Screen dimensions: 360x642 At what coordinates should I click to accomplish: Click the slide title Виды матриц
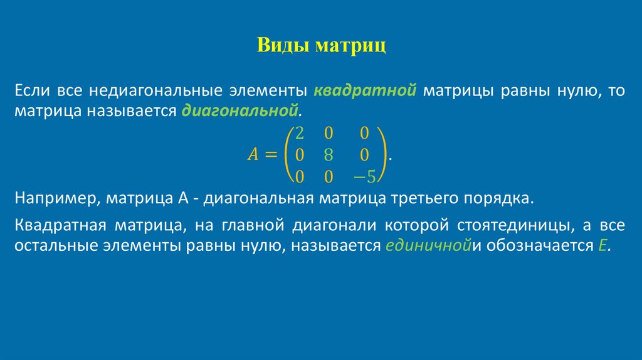pos(321,46)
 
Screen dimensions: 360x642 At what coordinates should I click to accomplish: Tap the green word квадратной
pos(365,91)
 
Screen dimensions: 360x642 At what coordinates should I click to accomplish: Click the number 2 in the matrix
pos(300,133)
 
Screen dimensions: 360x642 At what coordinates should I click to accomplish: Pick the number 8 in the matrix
pos(328,155)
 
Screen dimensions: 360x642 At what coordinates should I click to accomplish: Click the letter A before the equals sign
pos(253,155)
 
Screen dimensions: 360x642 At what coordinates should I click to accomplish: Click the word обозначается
pos(535,245)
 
